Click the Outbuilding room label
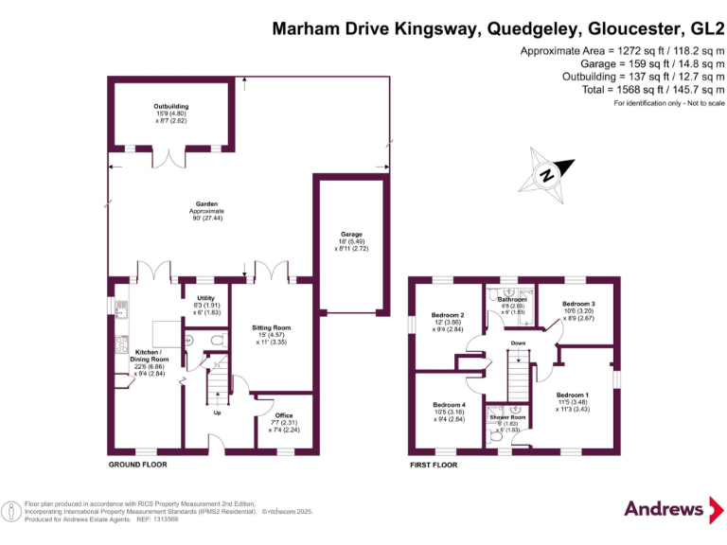pyautogui.click(x=170, y=114)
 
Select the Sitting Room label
pyautogui.click(x=271, y=334)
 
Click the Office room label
pyautogui.click(x=283, y=421)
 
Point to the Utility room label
pyautogui.click(x=205, y=306)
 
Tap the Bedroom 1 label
pyautogui.click(x=573, y=401)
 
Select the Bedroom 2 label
pyautogui.click(x=448, y=322)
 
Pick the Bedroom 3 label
pyautogui.click(x=578, y=310)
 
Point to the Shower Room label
pyautogui.click(x=507, y=423)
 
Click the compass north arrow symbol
pyautogui.click(x=547, y=174)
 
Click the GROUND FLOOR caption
pyautogui.click(x=138, y=465)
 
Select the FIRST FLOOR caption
pyautogui.click(x=434, y=465)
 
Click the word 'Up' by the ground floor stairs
pyautogui.click(x=219, y=412)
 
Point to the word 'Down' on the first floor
pyautogui.click(x=518, y=343)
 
